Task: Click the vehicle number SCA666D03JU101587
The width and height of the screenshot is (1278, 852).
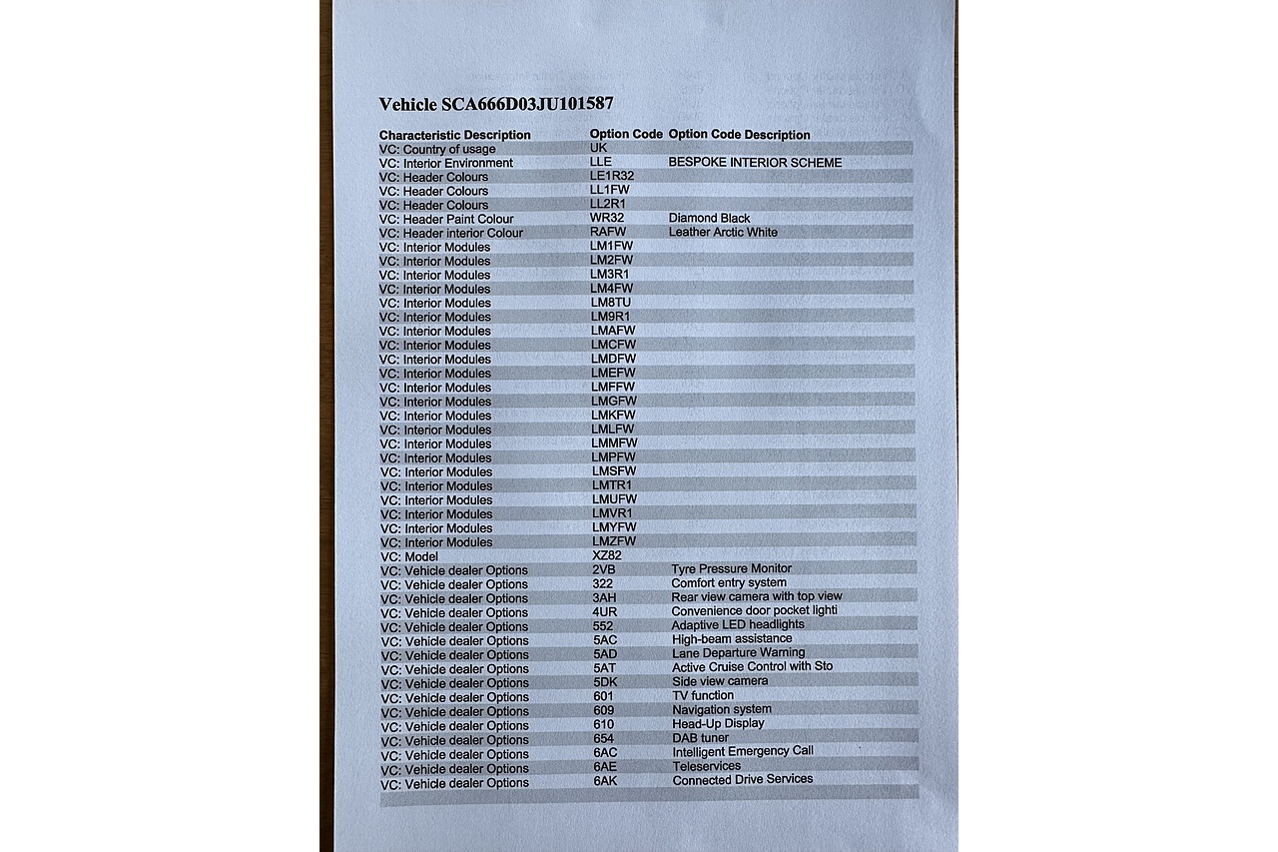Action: (527, 104)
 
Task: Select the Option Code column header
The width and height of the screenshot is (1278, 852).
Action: (626, 134)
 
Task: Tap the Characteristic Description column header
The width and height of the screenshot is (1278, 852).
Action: (454, 135)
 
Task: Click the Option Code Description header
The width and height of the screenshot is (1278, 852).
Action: (739, 135)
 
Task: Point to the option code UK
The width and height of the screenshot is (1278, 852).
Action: (599, 147)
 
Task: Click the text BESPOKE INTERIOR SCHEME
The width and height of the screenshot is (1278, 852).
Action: (755, 163)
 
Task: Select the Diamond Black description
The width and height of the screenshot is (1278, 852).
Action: (709, 218)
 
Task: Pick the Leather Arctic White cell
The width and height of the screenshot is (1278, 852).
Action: (723, 232)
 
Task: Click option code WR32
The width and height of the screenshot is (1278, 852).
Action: (607, 218)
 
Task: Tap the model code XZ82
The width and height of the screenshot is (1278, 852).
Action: (607, 555)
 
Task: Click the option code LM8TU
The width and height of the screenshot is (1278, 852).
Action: (611, 302)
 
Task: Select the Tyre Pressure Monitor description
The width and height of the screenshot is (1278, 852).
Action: (731, 569)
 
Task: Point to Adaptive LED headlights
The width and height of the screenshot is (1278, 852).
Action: (738, 625)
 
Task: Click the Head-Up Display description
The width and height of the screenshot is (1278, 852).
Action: (718, 723)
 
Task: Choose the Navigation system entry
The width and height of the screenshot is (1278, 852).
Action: (721, 709)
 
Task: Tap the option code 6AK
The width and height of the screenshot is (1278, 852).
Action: (605, 780)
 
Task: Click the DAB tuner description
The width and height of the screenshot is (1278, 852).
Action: (700, 738)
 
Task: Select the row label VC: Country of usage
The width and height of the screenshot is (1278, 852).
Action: (437, 149)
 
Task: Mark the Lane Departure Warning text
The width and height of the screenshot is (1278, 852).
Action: (738, 653)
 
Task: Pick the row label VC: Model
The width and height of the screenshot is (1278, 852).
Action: (409, 556)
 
